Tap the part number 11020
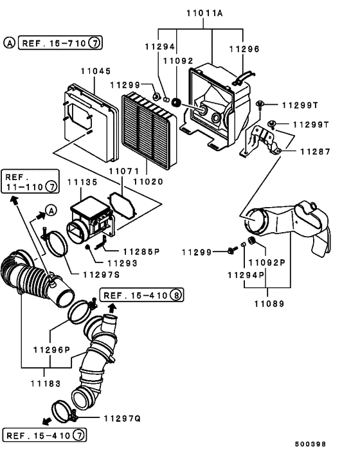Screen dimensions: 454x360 (x=147, y=182)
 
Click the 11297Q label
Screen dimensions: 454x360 (x=125, y=418)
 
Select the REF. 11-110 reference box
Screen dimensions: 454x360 (x=30, y=182)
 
